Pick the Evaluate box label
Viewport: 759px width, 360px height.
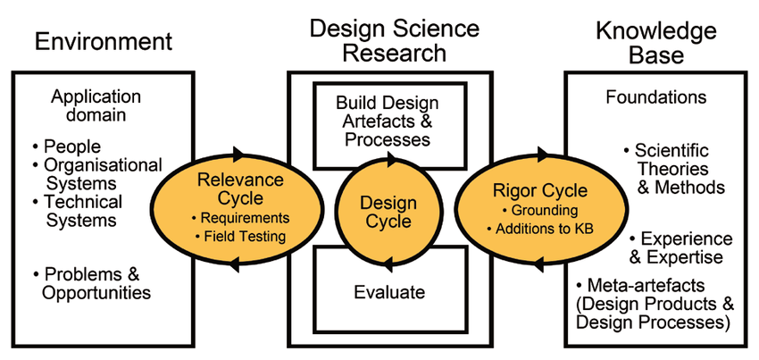coord(389,291)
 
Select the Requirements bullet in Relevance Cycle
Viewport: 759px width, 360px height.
coord(241,217)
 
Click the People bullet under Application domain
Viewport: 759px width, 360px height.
coord(69,147)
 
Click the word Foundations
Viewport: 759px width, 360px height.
coord(655,96)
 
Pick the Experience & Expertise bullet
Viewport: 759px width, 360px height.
coord(680,247)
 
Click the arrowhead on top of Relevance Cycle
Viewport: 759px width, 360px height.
coord(238,153)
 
